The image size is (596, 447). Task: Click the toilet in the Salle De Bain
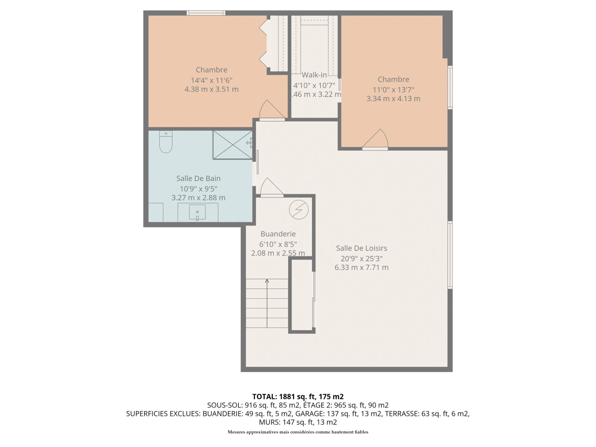pyautogui.click(x=166, y=142)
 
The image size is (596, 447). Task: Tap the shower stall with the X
pyautogui.click(x=233, y=145)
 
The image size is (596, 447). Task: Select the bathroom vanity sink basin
pyautogui.click(x=197, y=212)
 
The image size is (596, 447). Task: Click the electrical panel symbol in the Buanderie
pyautogui.click(x=299, y=210)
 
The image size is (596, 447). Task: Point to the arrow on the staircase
pyautogui.click(x=267, y=303)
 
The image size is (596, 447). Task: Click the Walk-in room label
pyautogui.click(x=314, y=75)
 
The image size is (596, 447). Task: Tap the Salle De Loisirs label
pyautogui.click(x=362, y=248)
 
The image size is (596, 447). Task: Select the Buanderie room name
pyautogui.click(x=278, y=234)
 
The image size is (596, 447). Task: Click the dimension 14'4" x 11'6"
pyautogui.click(x=211, y=80)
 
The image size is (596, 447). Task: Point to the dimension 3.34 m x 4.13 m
pyautogui.click(x=393, y=99)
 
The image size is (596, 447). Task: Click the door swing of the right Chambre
pyautogui.click(x=375, y=139)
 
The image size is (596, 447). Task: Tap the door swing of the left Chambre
pyautogui.click(x=272, y=111)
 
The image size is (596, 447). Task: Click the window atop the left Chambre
pyautogui.click(x=206, y=13)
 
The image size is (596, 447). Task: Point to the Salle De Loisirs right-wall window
pyautogui.click(x=450, y=255)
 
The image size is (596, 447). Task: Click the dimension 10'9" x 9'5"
pyautogui.click(x=199, y=189)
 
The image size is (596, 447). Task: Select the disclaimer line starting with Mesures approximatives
pyautogui.click(x=298, y=432)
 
